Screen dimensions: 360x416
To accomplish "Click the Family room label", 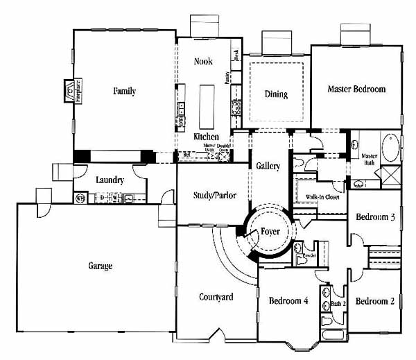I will point(125,91).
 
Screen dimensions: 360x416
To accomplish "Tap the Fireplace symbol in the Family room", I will point(71,91).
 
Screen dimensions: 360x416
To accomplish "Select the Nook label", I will point(203,62).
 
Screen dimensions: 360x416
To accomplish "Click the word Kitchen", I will point(206,137).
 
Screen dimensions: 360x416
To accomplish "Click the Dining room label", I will point(276,94).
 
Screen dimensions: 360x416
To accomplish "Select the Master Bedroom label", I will point(356,89).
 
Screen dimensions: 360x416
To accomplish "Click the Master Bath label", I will point(370,159).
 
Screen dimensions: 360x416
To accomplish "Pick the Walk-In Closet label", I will point(322,197).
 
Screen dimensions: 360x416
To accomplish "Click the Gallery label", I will point(268,166).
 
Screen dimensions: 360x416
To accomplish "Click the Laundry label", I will point(110,180).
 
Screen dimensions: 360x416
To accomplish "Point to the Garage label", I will point(101,266).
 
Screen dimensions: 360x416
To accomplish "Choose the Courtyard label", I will point(216,297).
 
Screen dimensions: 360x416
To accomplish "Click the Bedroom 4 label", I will point(288,300).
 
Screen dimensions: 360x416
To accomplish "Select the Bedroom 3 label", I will point(375,217).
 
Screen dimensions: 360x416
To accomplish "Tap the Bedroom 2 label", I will point(375,301).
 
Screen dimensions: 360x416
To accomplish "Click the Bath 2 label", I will point(338,302).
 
